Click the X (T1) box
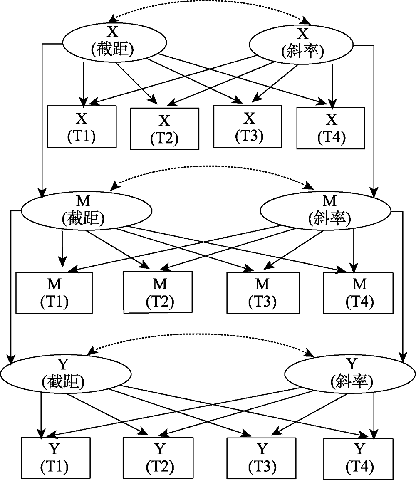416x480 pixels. (x=82, y=126)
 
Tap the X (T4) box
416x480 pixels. (x=331, y=128)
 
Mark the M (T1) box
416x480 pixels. (x=54, y=292)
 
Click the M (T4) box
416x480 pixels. (x=358, y=293)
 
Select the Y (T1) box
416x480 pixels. (x=54, y=457)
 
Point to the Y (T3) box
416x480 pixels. (x=262, y=457)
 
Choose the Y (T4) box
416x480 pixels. (x=358, y=457)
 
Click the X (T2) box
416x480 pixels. (x=165, y=129)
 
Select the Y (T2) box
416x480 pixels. (x=158, y=457)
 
